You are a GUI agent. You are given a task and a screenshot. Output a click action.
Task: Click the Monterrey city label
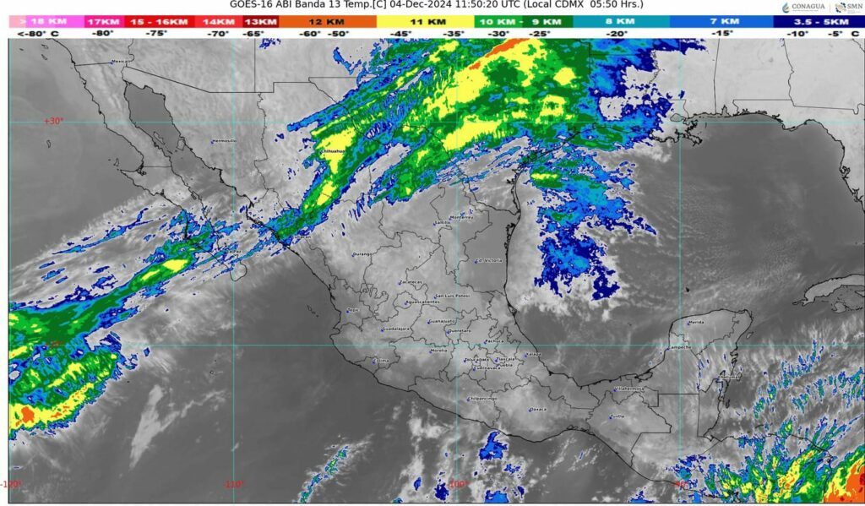pos(463,217)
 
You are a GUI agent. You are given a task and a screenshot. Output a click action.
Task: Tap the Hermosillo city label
pos(225,141)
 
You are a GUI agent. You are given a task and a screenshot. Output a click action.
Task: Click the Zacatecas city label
pos(411,281)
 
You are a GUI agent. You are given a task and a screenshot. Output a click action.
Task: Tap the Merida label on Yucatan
pos(696,323)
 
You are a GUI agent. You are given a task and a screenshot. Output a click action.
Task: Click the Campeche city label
pos(681,347)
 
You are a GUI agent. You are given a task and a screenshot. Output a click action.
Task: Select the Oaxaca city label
pos(538,410)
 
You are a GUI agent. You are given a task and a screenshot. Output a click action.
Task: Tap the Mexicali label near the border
pos(123,61)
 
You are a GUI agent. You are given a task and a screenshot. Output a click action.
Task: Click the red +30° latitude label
pos(53,121)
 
